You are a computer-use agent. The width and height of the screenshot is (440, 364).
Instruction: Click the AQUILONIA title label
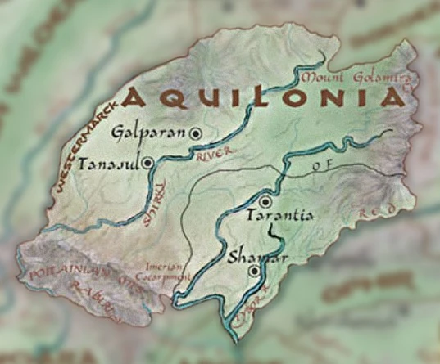[x=265, y=99]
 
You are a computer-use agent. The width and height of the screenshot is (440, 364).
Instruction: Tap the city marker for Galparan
[x=196, y=133]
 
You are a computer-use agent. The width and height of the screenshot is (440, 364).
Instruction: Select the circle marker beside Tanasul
[x=147, y=163]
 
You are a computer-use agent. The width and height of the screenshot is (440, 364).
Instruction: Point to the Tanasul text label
[x=109, y=164]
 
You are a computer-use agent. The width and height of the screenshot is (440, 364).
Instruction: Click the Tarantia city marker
[x=265, y=201]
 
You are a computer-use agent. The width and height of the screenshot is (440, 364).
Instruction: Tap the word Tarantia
[x=280, y=217]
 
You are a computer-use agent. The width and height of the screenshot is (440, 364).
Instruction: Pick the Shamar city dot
[x=255, y=270]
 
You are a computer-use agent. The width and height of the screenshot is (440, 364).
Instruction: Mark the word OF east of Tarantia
[x=320, y=166]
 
